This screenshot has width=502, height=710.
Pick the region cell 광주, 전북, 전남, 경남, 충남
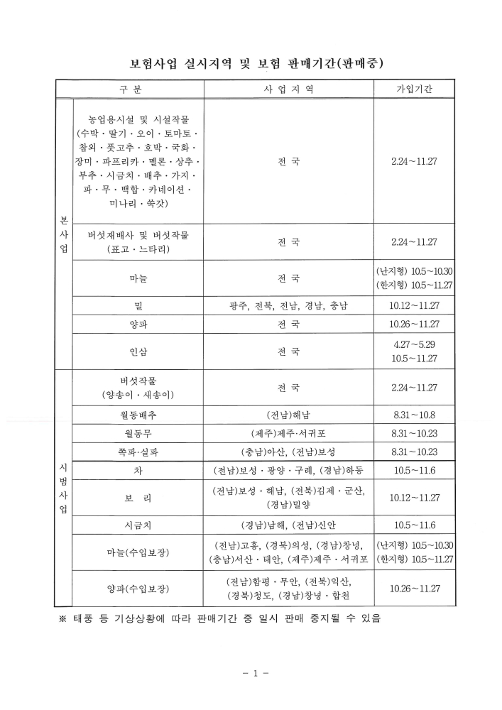(288, 305)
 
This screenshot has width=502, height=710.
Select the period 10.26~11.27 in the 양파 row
(415, 324)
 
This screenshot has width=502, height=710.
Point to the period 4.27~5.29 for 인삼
(415, 344)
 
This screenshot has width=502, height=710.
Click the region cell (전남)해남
(288, 415)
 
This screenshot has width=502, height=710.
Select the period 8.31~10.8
(415, 415)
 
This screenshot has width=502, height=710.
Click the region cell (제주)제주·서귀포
(288, 433)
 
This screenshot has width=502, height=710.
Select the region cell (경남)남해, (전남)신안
(288, 525)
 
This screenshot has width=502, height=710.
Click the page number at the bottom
(251, 671)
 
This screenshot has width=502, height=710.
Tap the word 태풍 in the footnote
(82, 618)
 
